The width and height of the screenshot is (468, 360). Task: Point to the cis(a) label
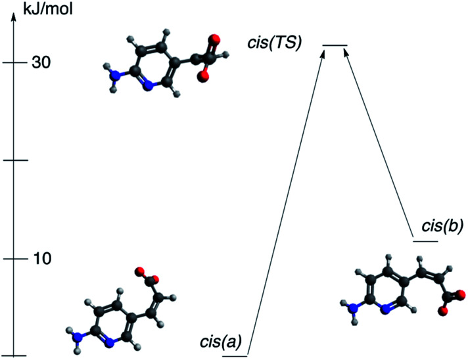click(x=221, y=342)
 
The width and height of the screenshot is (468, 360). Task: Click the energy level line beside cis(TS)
click(x=335, y=45)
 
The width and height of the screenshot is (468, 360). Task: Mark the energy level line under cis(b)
click(x=425, y=240)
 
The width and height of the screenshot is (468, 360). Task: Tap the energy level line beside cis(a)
click(x=235, y=356)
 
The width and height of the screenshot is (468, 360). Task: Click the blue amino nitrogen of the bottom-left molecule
click(x=80, y=337)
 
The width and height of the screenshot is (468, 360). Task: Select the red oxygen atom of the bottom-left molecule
click(x=139, y=271)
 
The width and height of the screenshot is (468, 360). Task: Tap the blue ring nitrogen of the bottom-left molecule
click(x=110, y=341)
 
